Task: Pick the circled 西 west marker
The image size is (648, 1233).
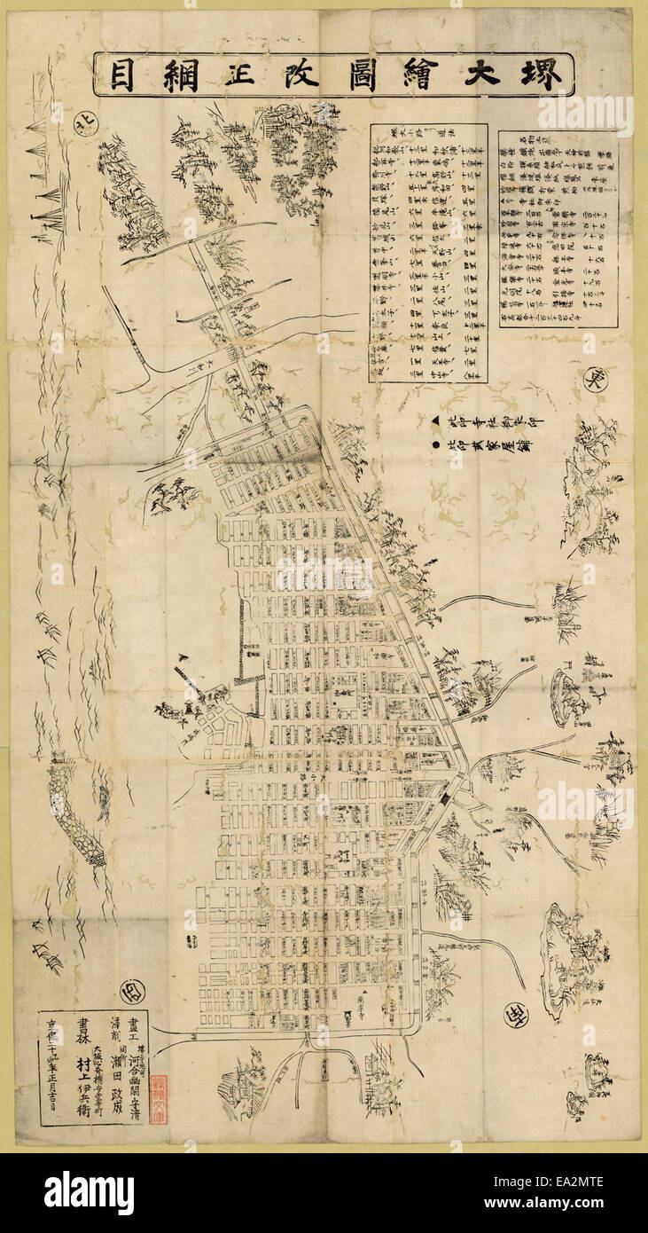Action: [x=134, y=992]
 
